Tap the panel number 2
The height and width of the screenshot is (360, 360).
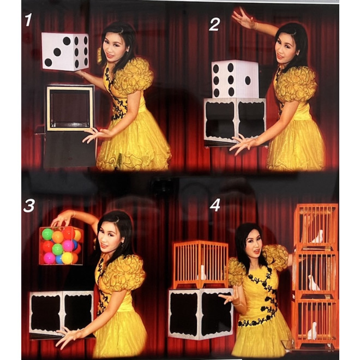coord(214,23)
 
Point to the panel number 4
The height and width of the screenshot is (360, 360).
coord(215,205)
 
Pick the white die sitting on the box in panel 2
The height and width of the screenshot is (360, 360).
coord(235,80)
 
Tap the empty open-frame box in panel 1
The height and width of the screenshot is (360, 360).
coord(69,107)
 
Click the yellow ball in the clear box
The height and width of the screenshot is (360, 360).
coord(67,257)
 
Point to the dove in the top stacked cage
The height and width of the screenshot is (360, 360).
coord(317,236)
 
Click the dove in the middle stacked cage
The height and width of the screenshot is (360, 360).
coord(313,283)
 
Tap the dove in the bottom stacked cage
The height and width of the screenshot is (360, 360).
coord(313,331)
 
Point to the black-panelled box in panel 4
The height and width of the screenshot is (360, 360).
coord(201,314)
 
